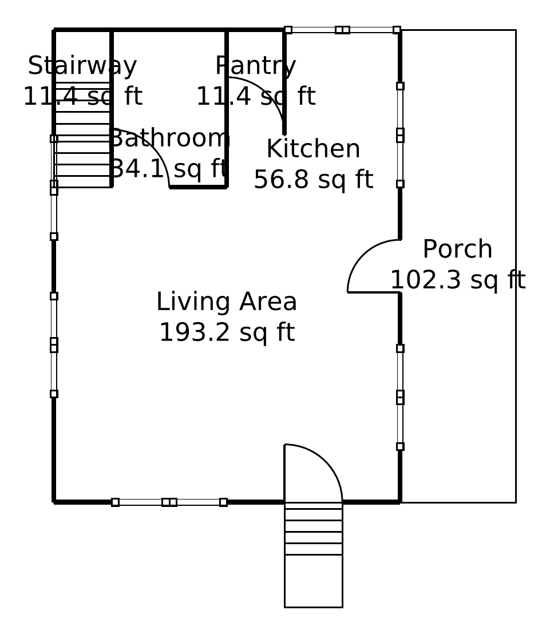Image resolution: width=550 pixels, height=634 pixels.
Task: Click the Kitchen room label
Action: [314, 148]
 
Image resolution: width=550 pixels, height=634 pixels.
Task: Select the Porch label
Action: [457, 249]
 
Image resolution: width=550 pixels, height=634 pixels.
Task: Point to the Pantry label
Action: [256, 66]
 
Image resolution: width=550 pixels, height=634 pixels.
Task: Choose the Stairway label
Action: [82, 66]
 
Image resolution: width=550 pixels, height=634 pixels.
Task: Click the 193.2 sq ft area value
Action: [227, 332]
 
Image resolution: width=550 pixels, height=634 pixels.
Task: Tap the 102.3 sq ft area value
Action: [457, 280]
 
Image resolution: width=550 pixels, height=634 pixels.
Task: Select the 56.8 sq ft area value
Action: [314, 180]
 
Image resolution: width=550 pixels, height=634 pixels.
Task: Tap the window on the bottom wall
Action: [169, 502]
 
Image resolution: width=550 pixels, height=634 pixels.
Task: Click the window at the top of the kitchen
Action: [343, 30]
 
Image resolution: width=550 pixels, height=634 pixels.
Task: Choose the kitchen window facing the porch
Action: [400, 135]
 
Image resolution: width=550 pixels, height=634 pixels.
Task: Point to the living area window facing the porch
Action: [400, 398]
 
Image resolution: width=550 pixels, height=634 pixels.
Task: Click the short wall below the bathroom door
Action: [198, 187]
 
